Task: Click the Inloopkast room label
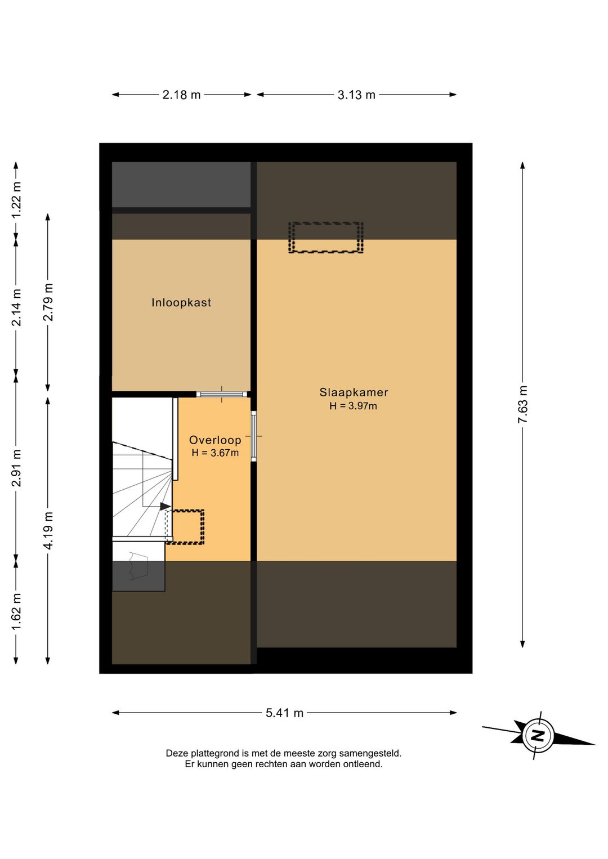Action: (181, 303)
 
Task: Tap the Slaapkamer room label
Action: (354, 392)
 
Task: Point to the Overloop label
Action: (215, 440)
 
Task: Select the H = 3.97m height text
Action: (354, 406)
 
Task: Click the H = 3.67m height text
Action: (215, 453)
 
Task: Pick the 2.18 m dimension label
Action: (181, 95)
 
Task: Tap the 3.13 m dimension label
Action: (356, 95)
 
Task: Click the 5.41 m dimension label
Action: (285, 713)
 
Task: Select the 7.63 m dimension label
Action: (523, 404)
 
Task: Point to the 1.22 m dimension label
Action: (16, 200)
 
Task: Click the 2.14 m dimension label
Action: (16, 307)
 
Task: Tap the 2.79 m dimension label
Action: (48, 302)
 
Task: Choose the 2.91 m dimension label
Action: (16, 468)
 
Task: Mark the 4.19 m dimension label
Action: (48, 530)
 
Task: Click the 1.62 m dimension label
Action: (16, 612)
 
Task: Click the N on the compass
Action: (538, 735)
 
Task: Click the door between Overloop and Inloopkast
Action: (222, 394)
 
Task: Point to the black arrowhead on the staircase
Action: (166, 507)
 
